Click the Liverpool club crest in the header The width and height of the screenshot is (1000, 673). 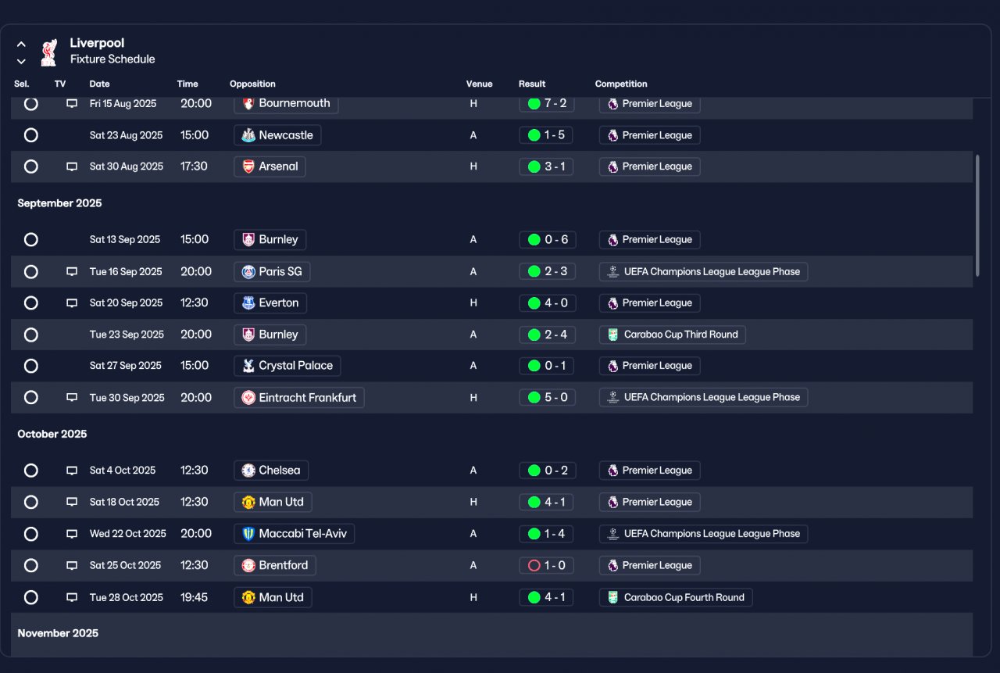point(49,52)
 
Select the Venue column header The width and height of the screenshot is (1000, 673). point(479,84)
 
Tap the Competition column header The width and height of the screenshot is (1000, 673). point(621,84)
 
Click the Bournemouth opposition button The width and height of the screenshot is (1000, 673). point(286,103)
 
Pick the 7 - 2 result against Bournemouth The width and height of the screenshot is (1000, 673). point(546,103)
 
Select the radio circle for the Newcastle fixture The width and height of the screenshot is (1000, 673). point(31,135)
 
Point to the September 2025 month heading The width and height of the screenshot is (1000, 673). point(59,203)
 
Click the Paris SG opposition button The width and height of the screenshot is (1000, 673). point(272,272)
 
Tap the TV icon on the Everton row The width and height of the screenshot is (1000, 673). point(72,303)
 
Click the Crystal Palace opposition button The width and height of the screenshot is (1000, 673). point(287,366)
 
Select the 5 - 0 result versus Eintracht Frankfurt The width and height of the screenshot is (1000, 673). point(546,397)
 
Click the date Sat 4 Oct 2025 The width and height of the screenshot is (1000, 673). point(123,471)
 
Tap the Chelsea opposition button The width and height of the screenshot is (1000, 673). point(271,471)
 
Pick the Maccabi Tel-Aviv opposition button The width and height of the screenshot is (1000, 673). point(295,534)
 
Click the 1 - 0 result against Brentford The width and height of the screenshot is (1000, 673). point(546,565)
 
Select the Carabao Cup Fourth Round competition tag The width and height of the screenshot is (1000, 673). point(676,597)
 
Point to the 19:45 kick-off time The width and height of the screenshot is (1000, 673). point(195,597)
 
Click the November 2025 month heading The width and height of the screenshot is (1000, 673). point(58,633)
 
